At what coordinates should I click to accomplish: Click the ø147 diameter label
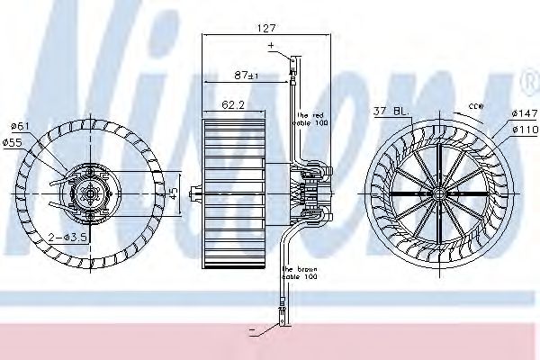[524, 112]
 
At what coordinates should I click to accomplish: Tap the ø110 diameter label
[524, 129]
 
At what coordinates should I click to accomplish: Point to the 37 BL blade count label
[391, 112]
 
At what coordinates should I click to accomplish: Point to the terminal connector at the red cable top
[292, 62]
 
